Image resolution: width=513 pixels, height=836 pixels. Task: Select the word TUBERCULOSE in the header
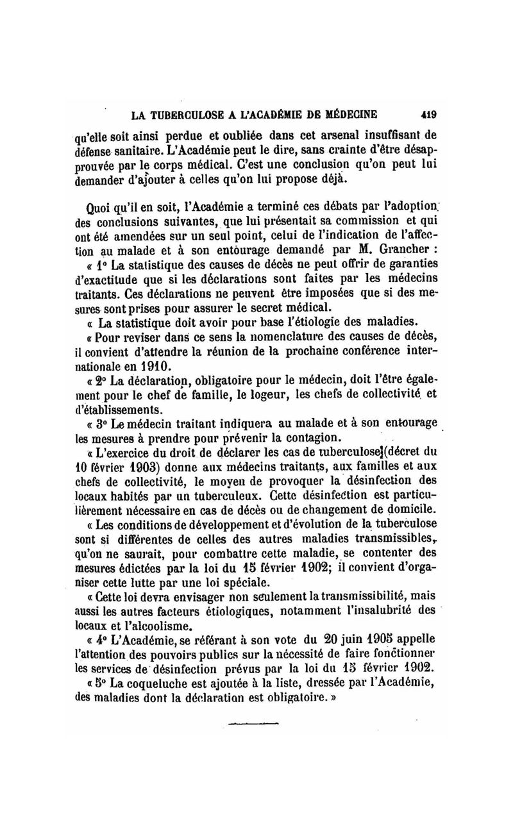coord(184,116)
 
